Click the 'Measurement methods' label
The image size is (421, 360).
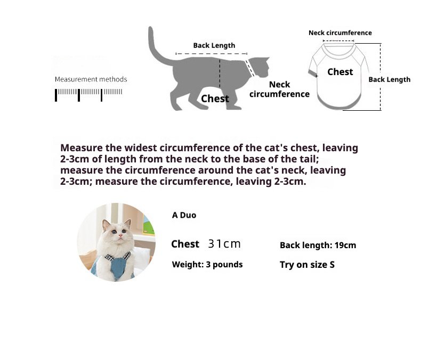tap(91, 79)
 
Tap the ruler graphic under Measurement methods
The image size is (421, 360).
tap(88, 95)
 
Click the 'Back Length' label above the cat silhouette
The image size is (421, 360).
tap(214, 46)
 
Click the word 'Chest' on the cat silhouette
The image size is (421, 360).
tap(215, 99)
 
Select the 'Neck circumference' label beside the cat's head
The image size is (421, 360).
tap(279, 89)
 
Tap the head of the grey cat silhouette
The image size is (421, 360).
tap(259, 67)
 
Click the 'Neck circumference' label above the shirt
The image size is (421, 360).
tap(340, 32)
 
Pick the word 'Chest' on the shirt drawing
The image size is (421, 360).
tap(340, 72)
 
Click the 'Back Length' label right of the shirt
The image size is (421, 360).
tap(390, 80)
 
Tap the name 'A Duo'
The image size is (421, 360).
tap(184, 215)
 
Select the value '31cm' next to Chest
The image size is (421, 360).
tap(224, 244)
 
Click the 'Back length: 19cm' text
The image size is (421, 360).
tap(318, 245)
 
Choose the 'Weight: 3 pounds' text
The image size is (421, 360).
tap(207, 265)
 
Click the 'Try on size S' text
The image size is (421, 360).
tap(307, 265)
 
